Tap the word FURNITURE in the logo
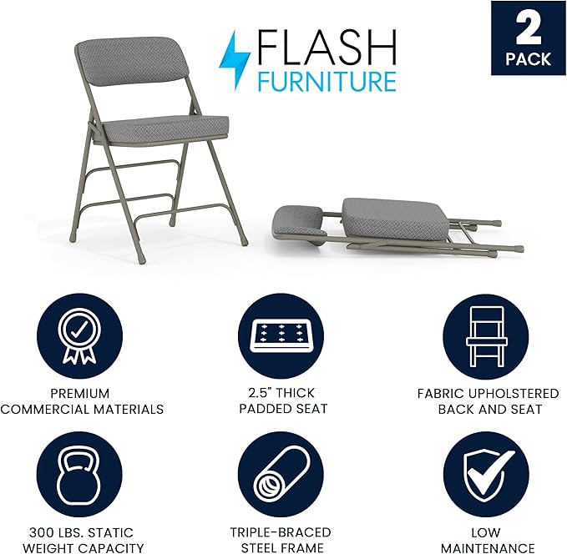pos(325,81)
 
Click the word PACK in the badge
pos(528,59)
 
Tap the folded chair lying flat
pos(392,225)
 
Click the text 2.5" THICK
pos(283,393)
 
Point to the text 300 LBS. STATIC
pos(82,532)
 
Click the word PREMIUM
pos(81,393)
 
